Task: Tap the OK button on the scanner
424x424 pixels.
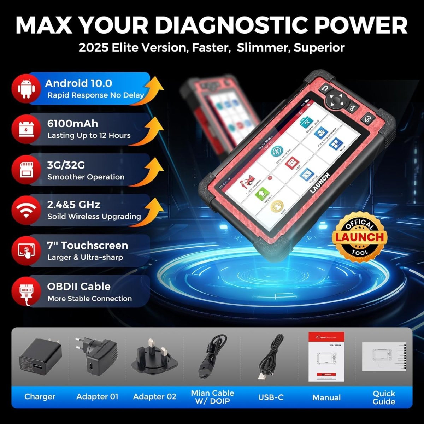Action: [352, 108]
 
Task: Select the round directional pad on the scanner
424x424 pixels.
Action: [336, 100]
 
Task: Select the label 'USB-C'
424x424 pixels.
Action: [271, 397]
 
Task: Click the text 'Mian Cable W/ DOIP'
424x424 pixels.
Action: [212, 397]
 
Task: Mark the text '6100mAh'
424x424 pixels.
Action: [72, 124]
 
